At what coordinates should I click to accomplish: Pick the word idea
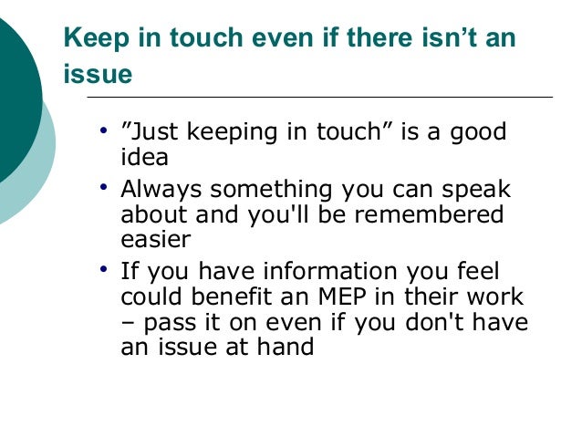[144, 157]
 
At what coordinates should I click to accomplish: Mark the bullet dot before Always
[106, 188]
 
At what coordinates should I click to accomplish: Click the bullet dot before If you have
[106, 270]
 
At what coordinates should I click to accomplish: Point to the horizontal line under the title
[319, 97]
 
